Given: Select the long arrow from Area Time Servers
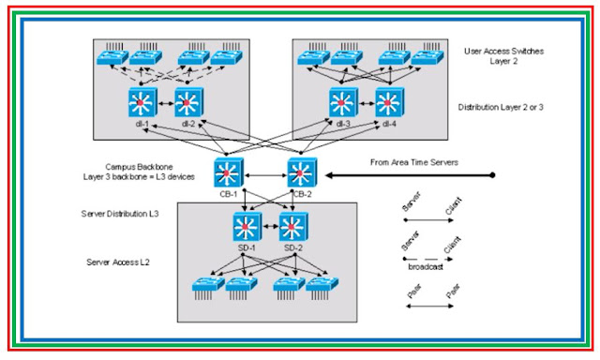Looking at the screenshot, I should coord(408,175).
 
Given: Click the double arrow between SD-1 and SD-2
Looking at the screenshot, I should coord(271,225).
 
